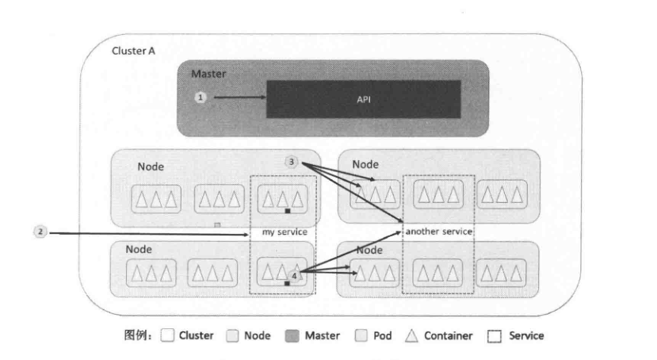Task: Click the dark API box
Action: coord(364,100)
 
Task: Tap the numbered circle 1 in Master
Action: coord(201,97)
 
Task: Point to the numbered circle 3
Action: coord(292,163)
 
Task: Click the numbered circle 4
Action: coord(293,275)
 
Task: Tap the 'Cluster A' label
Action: coord(132,50)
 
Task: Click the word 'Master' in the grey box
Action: coord(208,74)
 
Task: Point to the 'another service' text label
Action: coord(438,232)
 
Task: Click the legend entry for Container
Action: coord(440,335)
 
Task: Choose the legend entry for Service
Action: coord(516,335)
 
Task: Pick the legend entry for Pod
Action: coord(373,335)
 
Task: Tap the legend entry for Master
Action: coord(313,335)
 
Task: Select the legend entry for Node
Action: coord(248,335)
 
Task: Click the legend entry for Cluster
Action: coord(187,335)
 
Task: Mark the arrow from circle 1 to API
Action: coord(238,98)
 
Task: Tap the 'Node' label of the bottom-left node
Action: coord(139,249)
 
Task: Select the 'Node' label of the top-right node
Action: coord(365,164)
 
